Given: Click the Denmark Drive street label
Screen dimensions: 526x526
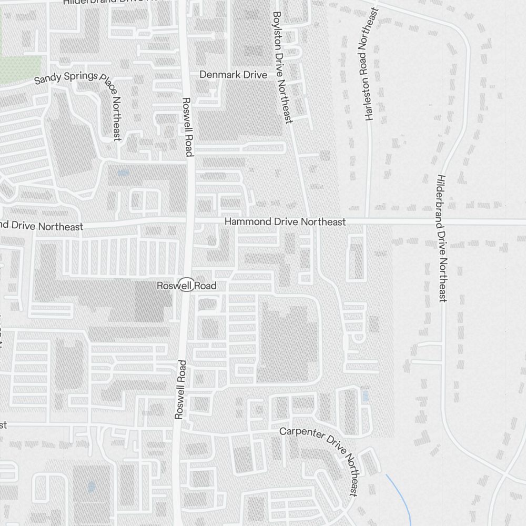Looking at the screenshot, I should tap(233, 75).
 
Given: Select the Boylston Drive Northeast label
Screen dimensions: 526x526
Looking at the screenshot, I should tap(282, 67).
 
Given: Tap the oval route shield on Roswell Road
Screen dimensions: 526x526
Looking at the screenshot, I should tap(186, 284).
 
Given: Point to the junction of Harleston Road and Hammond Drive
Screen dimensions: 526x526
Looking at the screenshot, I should tap(367, 221).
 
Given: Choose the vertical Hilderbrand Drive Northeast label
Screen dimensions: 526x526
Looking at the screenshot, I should tap(441, 238).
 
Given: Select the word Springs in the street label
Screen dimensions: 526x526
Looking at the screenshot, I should tap(80, 76).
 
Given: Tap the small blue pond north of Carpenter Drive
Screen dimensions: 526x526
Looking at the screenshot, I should tap(366, 396).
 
